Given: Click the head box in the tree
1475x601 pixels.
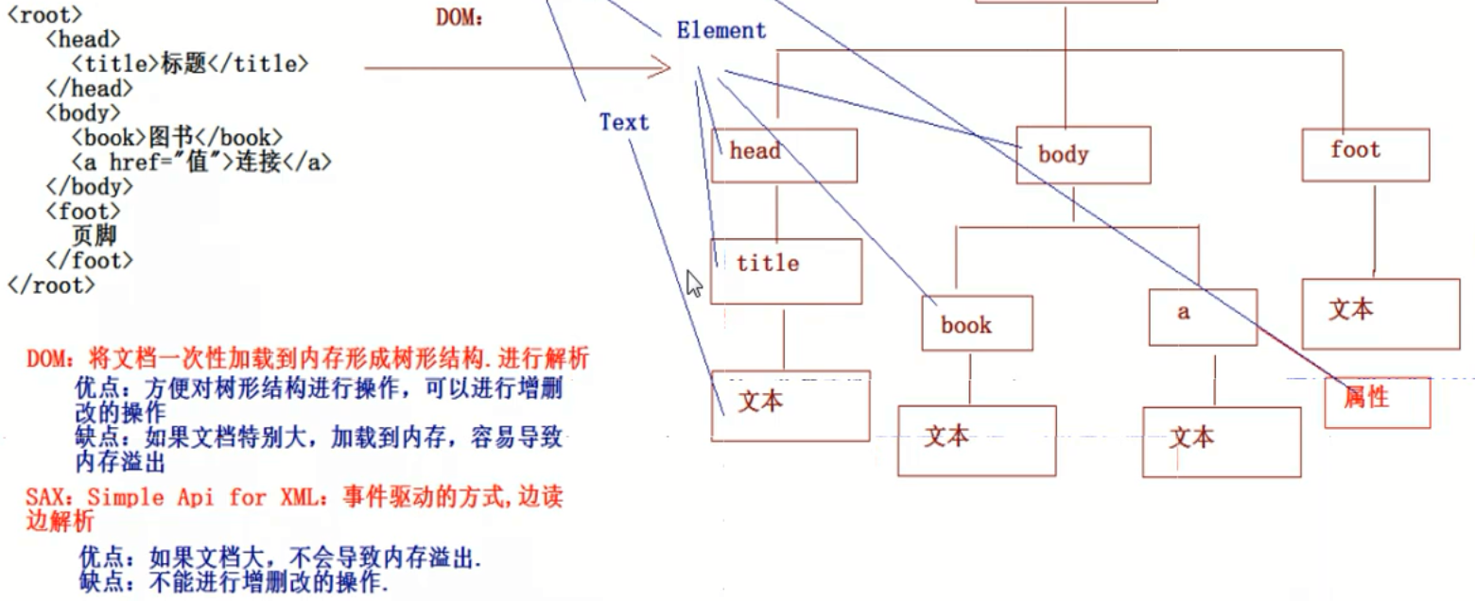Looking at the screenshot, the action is [784, 155].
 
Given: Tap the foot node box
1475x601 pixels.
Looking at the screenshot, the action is [1364, 154].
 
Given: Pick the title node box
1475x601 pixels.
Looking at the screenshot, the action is [786, 270].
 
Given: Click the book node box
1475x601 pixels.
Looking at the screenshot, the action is [977, 323].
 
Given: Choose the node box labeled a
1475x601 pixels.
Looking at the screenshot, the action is [1203, 316].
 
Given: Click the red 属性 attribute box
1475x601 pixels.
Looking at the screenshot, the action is [1377, 402].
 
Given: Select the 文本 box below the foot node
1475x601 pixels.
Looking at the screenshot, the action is [1380, 313].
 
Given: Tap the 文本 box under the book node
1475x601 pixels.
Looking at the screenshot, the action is [976, 439].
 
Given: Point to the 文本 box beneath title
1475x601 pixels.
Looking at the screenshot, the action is [790, 405].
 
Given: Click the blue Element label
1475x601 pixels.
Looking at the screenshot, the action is [720, 30].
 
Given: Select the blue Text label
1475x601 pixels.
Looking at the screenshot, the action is [624, 122].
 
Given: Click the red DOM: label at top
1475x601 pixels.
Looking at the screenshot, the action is [460, 17].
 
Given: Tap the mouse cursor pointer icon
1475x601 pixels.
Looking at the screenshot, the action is [695, 283].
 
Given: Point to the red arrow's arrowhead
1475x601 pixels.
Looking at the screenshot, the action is [662, 67].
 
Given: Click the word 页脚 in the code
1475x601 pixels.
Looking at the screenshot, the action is [94, 235].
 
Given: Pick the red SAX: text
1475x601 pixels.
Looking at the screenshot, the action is [45, 497].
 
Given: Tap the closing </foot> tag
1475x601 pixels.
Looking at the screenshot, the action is [89, 260].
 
